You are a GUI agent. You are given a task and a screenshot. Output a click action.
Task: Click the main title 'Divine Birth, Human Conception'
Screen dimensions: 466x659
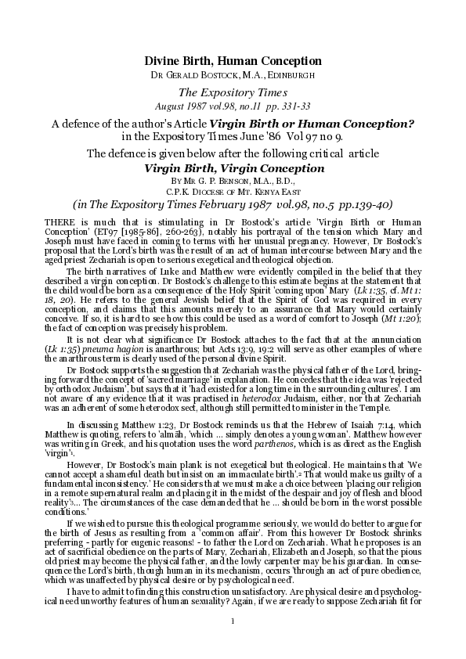[x=233, y=60]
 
